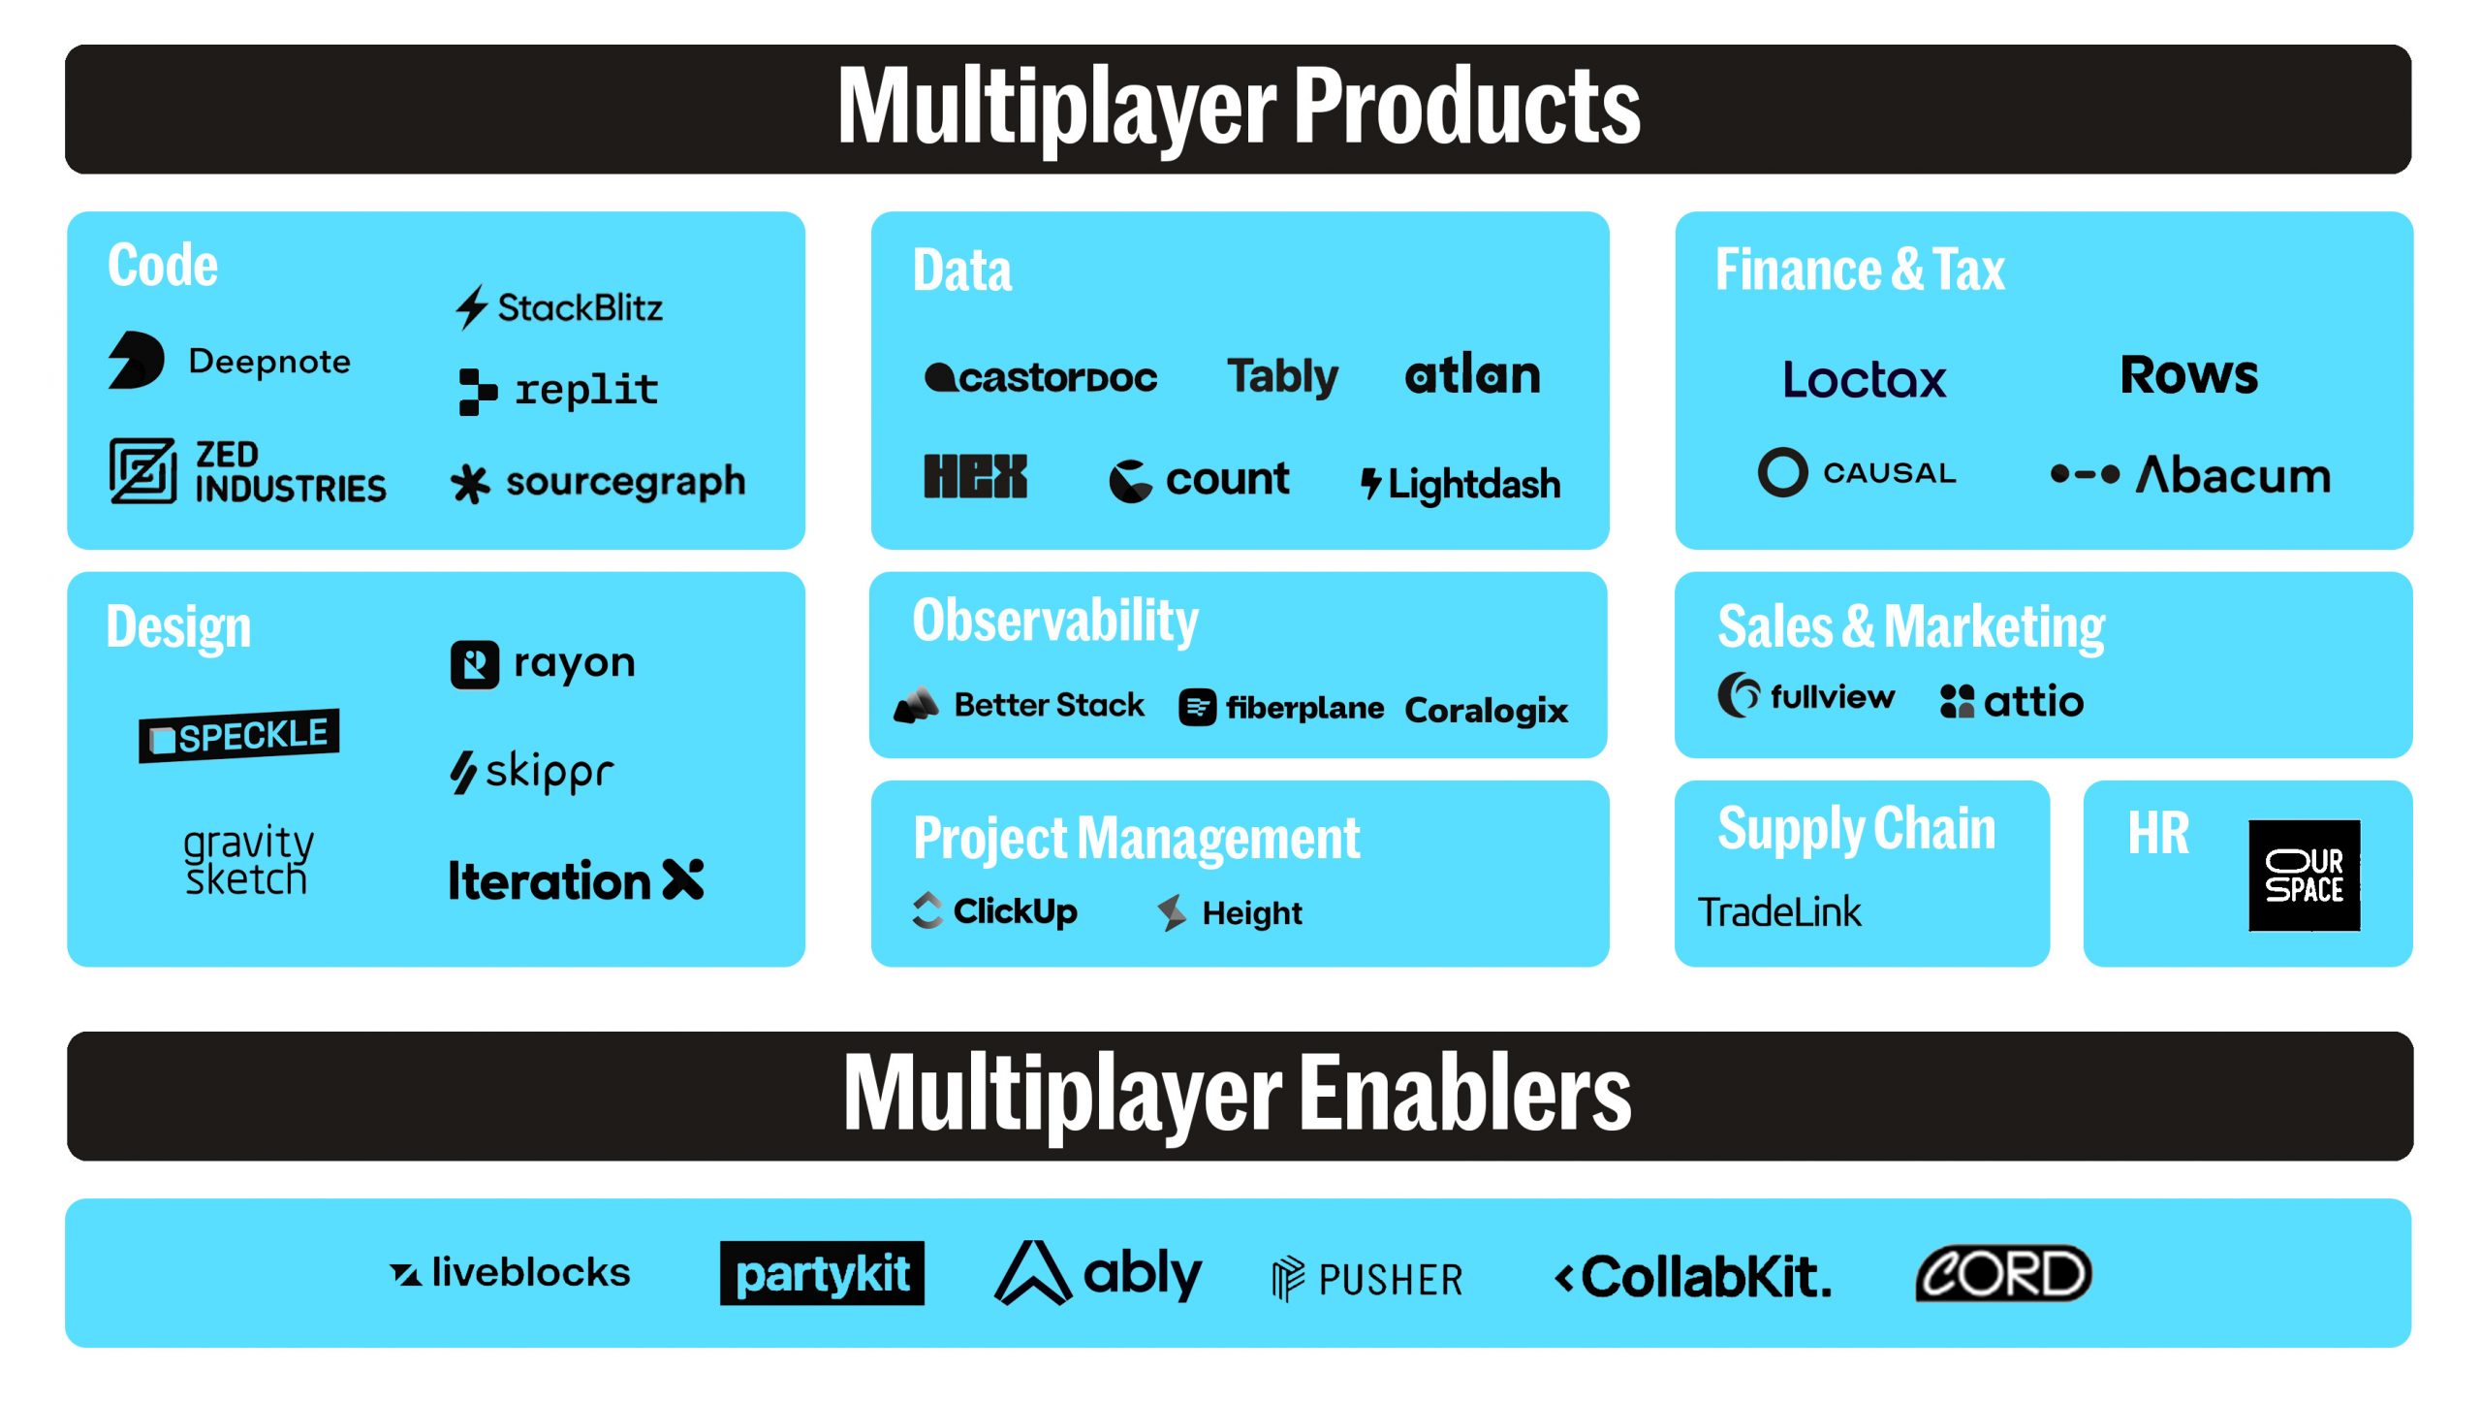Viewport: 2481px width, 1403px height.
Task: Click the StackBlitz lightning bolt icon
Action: tap(471, 307)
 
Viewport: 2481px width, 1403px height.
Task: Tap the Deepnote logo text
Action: tap(269, 362)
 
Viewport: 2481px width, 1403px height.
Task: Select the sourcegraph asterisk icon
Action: tap(470, 484)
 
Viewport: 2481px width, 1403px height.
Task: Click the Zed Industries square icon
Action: tap(142, 471)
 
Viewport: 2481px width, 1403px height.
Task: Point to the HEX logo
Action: tap(975, 477)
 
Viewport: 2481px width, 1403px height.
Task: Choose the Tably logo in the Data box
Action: tap(1282, 376)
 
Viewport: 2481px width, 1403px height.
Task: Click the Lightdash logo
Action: tap(1460, 484)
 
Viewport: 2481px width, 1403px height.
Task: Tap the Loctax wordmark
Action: tap(1864, 379)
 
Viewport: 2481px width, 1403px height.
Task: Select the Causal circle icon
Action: tap(1782, 472)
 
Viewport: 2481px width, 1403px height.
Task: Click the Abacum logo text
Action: tap(2233, 475)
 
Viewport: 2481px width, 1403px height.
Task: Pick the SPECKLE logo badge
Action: tap(239, 736)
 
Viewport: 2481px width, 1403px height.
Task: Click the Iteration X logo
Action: tap(576, 880)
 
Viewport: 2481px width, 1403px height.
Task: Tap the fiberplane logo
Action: tap(1281, 708)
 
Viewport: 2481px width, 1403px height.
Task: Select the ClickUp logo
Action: tap(995, 911)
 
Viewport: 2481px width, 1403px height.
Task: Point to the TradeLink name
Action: tap(1779, 912)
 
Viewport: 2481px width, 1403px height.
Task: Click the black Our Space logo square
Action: tap(2304, 876)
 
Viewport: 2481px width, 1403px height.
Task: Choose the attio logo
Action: tap(2012, 701)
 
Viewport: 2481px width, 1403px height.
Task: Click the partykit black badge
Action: tap(822, 1273)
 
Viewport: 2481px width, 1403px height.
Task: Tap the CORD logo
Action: tap(2003, 1273)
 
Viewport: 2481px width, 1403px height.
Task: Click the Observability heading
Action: tap(1054, 622)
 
